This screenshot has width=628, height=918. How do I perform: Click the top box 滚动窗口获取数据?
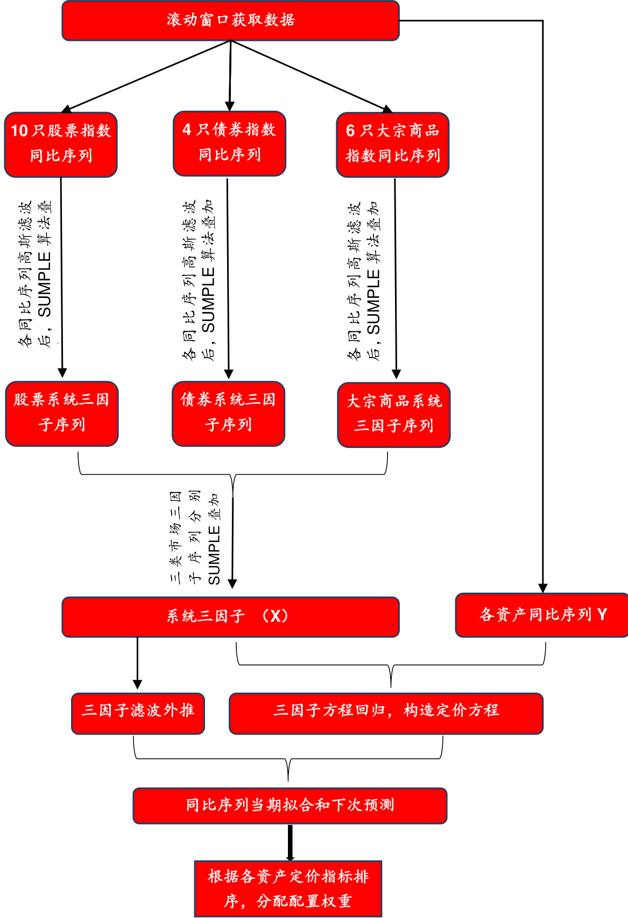(230, 20)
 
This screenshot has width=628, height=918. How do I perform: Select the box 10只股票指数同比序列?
(61, 144)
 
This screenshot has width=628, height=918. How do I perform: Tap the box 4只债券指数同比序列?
(229, 143)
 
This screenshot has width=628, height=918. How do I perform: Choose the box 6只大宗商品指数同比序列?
(393, 144)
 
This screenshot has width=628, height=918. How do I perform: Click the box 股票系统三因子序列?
(61, 413)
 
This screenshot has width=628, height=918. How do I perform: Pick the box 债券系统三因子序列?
(228, 413)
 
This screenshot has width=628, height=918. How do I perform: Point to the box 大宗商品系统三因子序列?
(394, 414)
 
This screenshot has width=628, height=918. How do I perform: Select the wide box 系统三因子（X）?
(230, 616)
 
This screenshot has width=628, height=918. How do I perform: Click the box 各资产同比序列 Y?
(541, 615)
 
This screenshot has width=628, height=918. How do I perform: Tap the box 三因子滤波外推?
(138, 713)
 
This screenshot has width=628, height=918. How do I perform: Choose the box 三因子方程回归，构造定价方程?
(386, 713)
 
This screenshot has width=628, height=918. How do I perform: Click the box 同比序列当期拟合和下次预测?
(290, 805)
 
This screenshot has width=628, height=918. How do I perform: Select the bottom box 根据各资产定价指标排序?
(288, 888)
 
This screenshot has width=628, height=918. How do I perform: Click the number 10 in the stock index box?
(19, 131)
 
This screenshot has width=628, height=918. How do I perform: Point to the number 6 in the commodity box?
(350, 131)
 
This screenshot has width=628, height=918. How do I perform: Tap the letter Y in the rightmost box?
(602, 615)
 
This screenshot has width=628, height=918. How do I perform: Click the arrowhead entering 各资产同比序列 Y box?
(543, 588)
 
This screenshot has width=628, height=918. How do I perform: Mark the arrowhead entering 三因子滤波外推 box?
(137, 684)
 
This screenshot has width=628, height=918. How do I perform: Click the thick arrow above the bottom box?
(290, 842)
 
